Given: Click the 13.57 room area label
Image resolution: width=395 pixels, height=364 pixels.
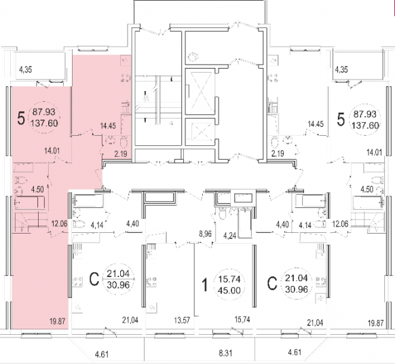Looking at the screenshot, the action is pyautogui.click(x=182, y=321).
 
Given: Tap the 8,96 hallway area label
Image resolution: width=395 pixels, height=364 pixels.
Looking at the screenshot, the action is pyautogui.click(x=206, y=234).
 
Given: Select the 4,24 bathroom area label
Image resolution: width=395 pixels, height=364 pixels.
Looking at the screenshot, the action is pyautogui.click(x=230, y=236).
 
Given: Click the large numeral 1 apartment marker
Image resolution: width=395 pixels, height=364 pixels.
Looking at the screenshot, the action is pyautogui.click(x=206, y=285).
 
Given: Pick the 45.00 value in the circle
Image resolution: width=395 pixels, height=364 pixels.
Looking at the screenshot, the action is pyautogui.click(x=229, y=291).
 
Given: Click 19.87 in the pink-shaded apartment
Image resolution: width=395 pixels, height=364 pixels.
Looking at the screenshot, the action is pyautogui.click(x=58, y=321).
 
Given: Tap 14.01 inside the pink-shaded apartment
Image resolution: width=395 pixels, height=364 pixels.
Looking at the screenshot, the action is pyautogui.click(x=52, y=151).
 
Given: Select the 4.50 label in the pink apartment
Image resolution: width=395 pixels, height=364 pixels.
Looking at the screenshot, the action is pyautogui.click(x=37, y=189).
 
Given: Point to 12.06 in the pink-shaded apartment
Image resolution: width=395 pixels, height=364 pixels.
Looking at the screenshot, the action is pyautogui.click(x=59, y=223).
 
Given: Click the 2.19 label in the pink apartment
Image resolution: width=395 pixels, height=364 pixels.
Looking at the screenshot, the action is pyautogui.click(x=121, y=153).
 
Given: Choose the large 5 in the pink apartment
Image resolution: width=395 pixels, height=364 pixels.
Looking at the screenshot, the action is pyautogui.click(x=21, y=118).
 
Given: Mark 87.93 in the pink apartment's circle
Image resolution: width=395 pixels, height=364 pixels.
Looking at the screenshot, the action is pyautogui.click(x=44, y=111).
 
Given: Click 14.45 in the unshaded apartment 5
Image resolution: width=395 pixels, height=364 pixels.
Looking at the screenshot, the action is pyautogui.click(x=316, y=124).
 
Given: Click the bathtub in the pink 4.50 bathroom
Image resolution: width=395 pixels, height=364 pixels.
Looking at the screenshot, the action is pyautogui.click(x=30, y=202).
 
